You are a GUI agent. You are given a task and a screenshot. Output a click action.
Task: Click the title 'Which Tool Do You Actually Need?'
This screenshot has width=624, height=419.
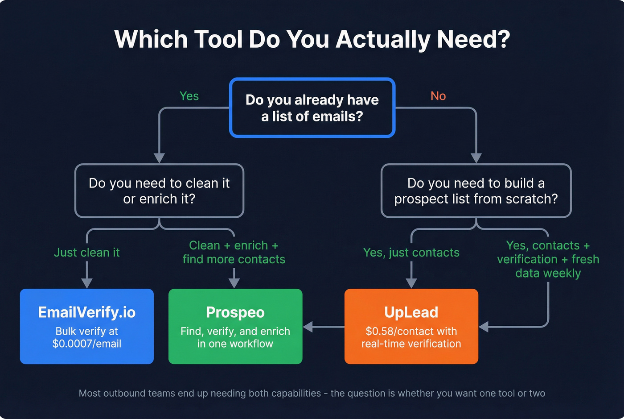click(x=312, y=39)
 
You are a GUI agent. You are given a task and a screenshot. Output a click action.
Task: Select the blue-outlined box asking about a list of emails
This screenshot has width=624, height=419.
click(x=312, y=108)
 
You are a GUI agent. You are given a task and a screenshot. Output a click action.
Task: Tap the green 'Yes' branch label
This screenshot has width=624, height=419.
click(x=189, y=96)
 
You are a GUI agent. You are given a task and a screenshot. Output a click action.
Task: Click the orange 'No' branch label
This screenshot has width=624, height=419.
click(x=438, y=96)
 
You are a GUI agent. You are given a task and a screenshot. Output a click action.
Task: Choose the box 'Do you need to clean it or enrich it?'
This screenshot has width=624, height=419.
click(x=159, y=191)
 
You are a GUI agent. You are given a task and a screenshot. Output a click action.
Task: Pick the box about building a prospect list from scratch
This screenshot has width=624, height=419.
click(x=476, y=191)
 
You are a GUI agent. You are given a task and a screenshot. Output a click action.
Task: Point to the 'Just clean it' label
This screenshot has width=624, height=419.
click(x=86, y=253)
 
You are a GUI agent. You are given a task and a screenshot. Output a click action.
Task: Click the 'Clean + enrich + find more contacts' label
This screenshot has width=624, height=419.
click(x=234, y=252)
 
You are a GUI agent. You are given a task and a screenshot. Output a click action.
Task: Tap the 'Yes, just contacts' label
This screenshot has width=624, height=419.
click(x=411, y=253)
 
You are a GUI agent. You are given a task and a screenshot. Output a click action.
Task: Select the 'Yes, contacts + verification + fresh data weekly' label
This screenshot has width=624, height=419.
click(x=548, y=259)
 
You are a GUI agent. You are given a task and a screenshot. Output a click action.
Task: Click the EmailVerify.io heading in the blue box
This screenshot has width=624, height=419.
click(x=86, y=312)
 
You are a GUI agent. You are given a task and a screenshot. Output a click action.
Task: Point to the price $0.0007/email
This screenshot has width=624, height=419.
click(x=86, y=344)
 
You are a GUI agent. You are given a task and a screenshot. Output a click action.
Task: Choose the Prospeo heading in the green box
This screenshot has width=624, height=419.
click(x=235, y=312)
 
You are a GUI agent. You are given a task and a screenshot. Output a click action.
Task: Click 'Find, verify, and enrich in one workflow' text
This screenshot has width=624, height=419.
click(x=235, y=337)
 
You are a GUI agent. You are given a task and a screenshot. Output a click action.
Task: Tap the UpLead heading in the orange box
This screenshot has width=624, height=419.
click(x=411, y=312)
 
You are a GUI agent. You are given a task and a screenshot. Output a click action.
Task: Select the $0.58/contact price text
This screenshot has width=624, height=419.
click(x=411, y=331)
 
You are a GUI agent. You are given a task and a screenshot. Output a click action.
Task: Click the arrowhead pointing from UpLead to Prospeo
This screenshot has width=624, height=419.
click(x=308, y=327)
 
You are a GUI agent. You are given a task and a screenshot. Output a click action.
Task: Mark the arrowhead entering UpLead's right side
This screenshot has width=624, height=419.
click(x=484, y=327)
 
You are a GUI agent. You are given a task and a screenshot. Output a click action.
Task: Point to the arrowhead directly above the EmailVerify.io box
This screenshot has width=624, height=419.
click(x=87, y=283)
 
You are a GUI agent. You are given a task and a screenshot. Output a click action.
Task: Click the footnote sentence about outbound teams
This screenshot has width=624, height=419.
click(x=312, y=393)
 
